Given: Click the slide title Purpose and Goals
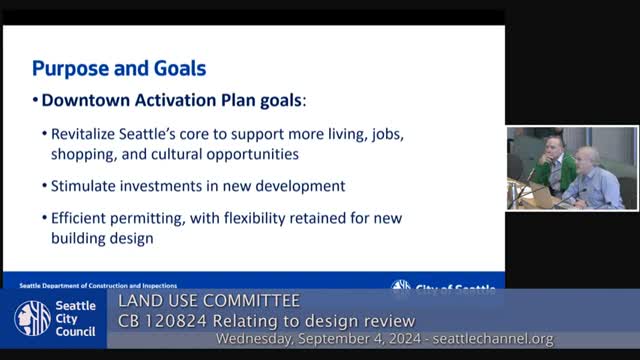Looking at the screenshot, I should pyautogui.click(x=118, y=69).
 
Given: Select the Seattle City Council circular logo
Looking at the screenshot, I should pyautogui.click(x=32, y=319).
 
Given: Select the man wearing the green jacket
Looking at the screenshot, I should pyautogui.click(x=551, y=166).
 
